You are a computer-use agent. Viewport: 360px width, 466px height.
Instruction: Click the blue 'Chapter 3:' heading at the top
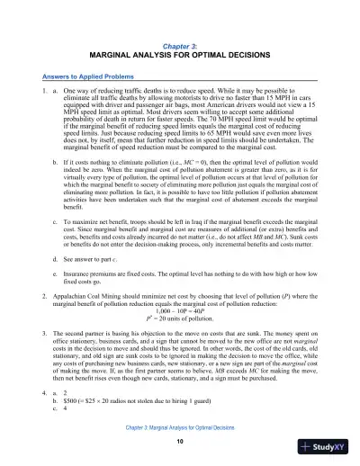180,44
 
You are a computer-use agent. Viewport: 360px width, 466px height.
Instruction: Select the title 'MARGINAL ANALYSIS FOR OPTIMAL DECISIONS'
180,54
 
